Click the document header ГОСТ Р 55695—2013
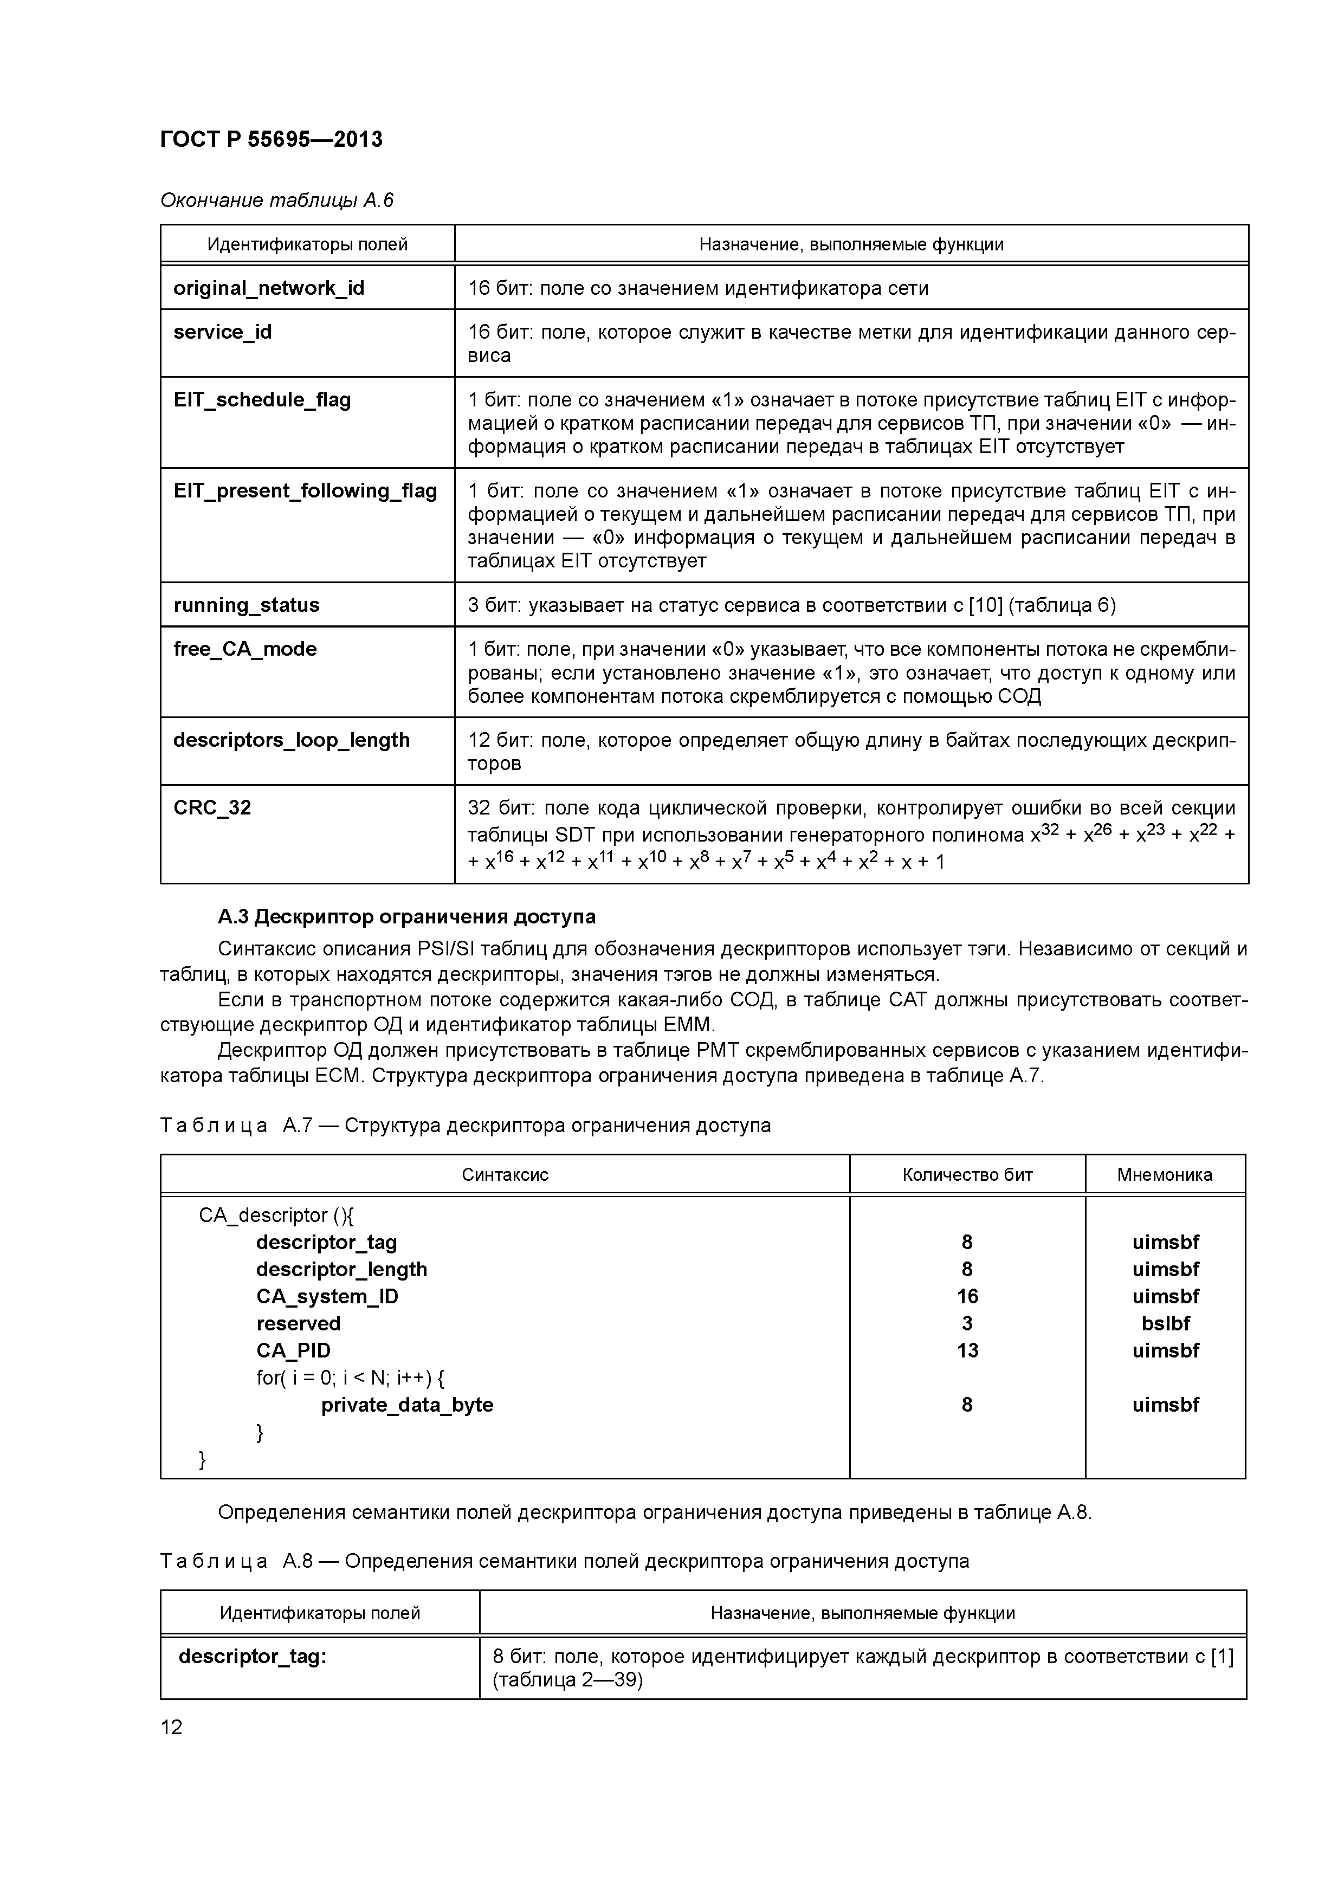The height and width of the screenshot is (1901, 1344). click(x=271, y=139)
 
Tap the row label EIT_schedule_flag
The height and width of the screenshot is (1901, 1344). click(x=262, y=400)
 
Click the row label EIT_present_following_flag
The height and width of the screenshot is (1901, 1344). click(x=305, y=491)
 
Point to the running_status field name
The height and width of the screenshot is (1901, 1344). click(x=246, y=605)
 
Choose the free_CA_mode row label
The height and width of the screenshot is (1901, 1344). click(x=244, y=649)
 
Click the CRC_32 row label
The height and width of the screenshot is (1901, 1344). click(x=212, y=808)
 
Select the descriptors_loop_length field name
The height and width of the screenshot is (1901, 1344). click(x=292, y=740)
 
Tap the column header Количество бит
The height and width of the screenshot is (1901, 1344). click(x=967, y=1175)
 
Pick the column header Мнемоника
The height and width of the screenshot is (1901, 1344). click(x=1164, y=1175)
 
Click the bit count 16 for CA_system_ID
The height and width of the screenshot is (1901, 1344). click(x=967, y=1297)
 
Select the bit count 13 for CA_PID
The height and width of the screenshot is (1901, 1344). click(x=967, y=1350)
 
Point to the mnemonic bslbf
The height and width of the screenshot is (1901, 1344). click(x=1165, y=1324)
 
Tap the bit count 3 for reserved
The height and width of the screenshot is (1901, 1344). click(x=967, y=1324)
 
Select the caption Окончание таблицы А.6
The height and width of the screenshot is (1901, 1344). click(x=276, y=201)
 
